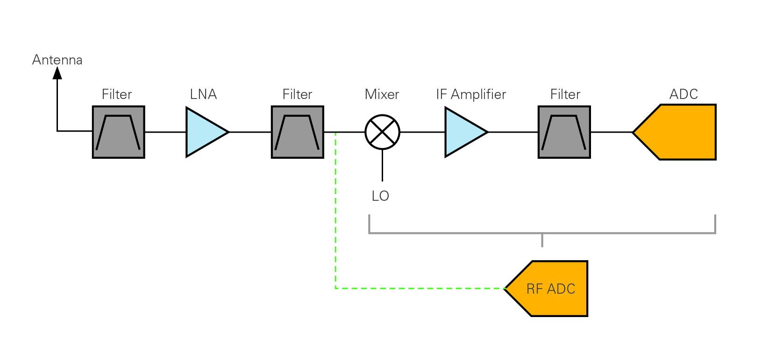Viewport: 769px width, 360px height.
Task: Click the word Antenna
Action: (57, 60)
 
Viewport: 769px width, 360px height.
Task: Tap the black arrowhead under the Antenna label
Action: (57, 73)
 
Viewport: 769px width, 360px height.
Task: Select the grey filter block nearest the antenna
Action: (118, 132)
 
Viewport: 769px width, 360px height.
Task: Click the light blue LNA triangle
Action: (204, 132)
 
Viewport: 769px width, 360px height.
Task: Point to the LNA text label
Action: (203, 94)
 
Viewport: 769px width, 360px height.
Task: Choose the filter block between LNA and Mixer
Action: (297, 132)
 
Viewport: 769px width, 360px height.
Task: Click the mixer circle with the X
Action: (382, 132)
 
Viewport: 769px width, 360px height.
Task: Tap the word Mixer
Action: (382, 94)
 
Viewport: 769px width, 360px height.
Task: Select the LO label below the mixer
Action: (380, 196)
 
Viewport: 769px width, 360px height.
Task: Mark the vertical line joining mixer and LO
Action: (382, 166)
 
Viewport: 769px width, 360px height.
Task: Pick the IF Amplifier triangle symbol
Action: (463, 132)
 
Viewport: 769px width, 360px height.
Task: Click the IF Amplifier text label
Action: (471, 94)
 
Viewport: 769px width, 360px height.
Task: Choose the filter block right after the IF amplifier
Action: (564, 132)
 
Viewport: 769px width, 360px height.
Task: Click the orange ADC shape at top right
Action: (680, 132)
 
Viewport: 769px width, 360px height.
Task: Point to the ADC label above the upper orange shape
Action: (684, 94)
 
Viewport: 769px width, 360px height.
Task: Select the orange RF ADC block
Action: (551, 289)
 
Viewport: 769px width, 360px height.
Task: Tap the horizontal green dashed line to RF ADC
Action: (420, 288)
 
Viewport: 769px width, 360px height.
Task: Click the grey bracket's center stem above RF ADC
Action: (542, 240)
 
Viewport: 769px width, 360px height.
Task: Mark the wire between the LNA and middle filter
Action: (250, 132)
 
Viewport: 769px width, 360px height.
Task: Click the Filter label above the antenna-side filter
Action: (117, 94)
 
